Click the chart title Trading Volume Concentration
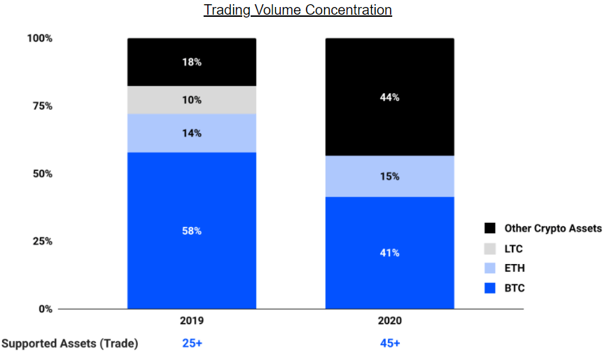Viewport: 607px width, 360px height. pos(298,11)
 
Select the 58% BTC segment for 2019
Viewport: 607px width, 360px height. pos(191,230)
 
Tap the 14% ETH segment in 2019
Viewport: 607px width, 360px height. pos(191,133)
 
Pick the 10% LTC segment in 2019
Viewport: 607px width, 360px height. pos(191,100)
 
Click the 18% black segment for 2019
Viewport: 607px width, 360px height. pos(191,62)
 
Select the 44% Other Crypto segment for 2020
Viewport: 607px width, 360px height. pos(389,97)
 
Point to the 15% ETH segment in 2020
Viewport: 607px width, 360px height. pos(389,176)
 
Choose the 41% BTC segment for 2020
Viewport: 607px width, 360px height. pos(389,252)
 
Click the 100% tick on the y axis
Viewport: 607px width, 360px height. pos(40,38)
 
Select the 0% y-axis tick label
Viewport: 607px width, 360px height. pos(45,309)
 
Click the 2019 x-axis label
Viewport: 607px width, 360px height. pos(191,321)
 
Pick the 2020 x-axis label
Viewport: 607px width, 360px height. pos(389,321)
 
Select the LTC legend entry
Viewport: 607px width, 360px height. pos(513,249)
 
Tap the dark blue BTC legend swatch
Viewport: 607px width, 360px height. pos(490,288)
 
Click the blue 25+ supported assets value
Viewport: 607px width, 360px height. pos(191,343)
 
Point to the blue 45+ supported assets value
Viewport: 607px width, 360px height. pos(389,343)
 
